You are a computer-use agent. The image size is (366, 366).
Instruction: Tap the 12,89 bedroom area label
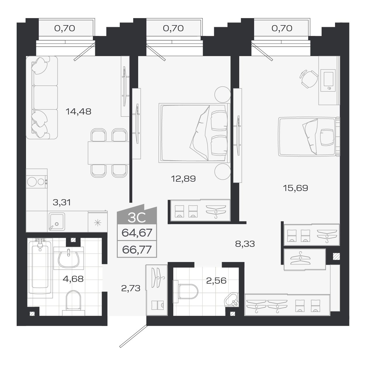[x=183, y=178]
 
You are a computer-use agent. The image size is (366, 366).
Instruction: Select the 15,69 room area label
[x=295, y=188]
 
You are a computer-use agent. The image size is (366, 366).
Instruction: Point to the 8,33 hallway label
[x=245, y=244]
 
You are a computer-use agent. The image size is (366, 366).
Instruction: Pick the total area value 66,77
[x=137, y=250]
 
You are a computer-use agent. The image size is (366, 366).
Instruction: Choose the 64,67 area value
[x=137, y=233]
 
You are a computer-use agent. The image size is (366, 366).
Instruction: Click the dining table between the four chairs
[x=108, y=153]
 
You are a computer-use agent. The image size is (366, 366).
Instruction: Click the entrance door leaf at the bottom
[x=133, y=336]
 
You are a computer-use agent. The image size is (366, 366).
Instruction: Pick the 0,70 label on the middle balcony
[x=173, y=28]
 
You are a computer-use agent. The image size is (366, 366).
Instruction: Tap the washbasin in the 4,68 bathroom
[x=68, y=258]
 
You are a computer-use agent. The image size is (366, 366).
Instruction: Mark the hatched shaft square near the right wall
[x=336, y=256]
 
